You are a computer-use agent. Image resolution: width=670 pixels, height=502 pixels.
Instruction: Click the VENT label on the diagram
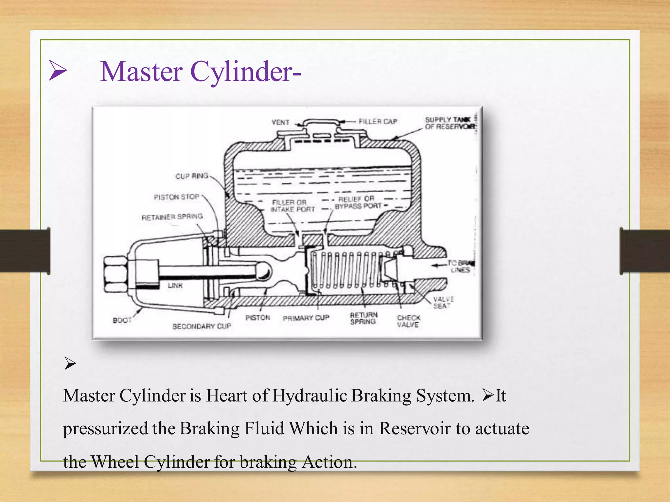[x=280, y=123]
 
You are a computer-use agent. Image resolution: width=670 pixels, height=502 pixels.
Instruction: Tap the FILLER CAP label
[x=378, y=122]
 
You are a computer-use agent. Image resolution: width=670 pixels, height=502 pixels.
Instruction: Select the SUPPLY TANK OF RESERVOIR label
[x=450, y=123]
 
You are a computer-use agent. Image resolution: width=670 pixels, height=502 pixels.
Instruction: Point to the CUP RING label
[x=192, y=176]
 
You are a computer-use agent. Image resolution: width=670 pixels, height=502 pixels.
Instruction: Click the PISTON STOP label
[x=177, y=197]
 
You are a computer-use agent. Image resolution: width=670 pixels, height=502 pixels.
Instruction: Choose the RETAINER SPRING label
[x=172, y=217]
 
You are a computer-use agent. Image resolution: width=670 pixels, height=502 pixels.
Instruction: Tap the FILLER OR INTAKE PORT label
[x=292, y=206]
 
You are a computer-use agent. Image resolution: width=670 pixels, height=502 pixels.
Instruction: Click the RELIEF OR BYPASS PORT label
[x=358, y=203]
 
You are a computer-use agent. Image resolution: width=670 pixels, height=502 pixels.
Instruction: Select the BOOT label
[x=122, y=320]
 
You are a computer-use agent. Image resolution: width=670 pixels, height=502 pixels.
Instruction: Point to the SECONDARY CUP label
[x=202, y=326]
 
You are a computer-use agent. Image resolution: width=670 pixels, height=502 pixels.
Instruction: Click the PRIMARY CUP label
[x=306, y=318]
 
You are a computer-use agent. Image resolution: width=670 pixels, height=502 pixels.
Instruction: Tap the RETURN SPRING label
[x=363, y=318]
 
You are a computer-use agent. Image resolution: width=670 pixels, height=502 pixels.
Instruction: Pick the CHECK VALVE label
[x=408, y=321]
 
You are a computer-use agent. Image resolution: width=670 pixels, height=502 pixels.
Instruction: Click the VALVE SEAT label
[x=443, y=303]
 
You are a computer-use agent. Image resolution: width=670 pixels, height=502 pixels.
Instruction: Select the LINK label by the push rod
[x=175, y=286]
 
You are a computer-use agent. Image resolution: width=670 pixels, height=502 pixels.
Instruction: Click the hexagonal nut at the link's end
[x=115, y=274]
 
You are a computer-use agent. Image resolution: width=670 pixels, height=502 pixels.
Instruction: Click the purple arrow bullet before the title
[x=58, y=70]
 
